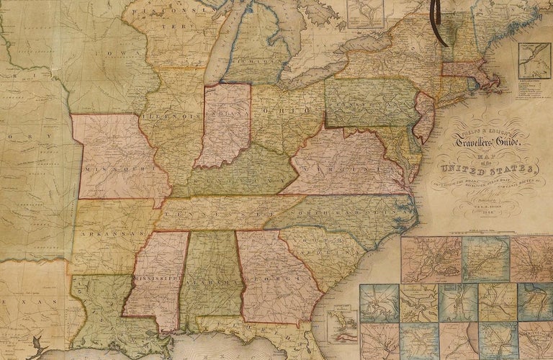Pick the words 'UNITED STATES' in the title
coord(497,173)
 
